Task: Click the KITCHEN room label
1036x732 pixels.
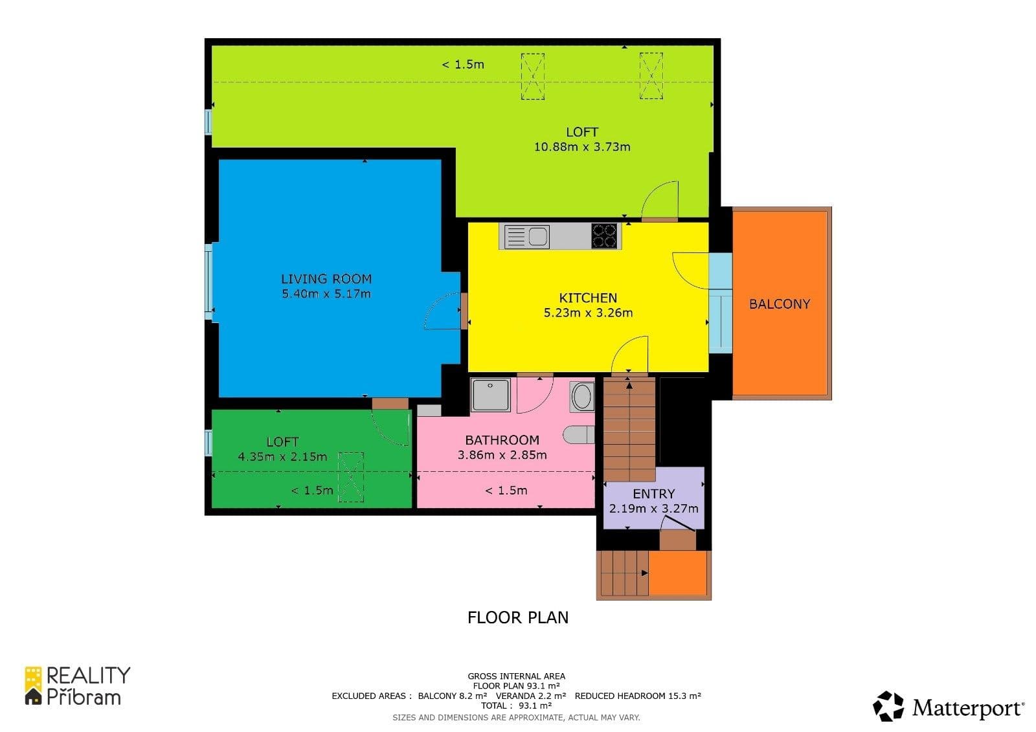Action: tap(588, 298)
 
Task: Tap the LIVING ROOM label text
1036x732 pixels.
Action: tap(326, 279)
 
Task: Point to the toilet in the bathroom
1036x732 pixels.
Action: tap(579, 434)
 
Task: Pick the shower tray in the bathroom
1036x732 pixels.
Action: tap(490, 395)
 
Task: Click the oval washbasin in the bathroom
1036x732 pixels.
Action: tap(582, 397)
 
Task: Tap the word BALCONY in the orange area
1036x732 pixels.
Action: tap(779, 304)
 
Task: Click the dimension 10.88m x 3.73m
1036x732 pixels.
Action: tap(581, 147)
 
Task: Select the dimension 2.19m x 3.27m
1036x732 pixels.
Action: tap(653, 509)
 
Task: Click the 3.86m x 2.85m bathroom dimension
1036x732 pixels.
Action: tap(502, 455)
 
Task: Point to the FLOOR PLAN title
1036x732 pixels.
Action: tap(518, 617)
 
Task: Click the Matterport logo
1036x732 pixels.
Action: tap(948, 707)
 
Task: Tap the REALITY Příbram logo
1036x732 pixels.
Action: tap(77, 686)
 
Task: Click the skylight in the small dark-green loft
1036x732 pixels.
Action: tap(351, 477)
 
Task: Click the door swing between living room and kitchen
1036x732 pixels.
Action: tap(442, 312)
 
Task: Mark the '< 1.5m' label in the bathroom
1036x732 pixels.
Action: tap(506, 491)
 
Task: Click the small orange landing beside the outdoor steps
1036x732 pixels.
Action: tap(677, 573)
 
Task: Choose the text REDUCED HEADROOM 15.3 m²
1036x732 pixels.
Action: tap(637, 696)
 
